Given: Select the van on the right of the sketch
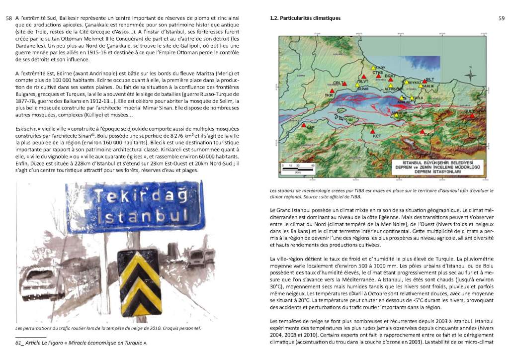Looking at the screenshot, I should (x=196, y=258).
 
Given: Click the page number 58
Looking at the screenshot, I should (x=8, y=18).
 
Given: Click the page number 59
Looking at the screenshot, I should (x=501, y=18).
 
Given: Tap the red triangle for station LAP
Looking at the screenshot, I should (x=304, y=126).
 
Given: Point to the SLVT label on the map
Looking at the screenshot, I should (x=363, y=81).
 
